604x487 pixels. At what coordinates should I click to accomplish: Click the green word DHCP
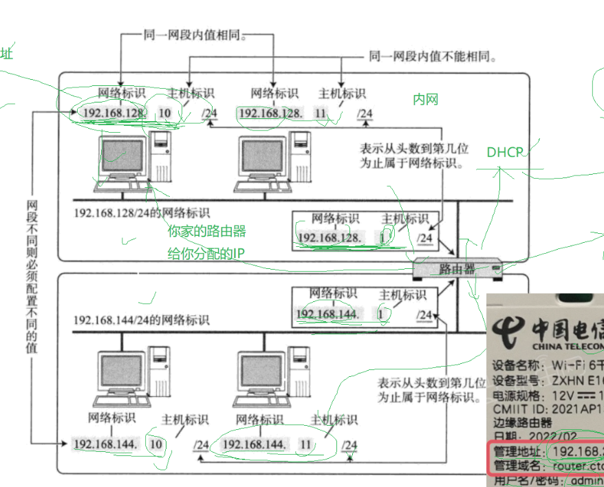(x=505, y=152)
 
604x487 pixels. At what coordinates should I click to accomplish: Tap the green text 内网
(x=425, y=100)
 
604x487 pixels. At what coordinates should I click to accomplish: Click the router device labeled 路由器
(x=457, y=268)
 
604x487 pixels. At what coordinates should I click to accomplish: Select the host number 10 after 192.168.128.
(x=165, y=113)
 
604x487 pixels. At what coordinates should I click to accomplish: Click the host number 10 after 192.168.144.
(x=156, y=444)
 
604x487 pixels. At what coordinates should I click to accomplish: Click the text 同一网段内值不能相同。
(x=433, y=56)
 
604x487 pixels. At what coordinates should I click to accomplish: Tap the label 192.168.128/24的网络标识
(x=142, y=213)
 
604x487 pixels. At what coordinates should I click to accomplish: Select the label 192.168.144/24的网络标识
(x=142, y=320)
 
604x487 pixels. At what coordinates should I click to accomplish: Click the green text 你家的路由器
(x=206, y=232)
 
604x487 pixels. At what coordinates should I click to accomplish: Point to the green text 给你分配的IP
(x=206, y=253)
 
